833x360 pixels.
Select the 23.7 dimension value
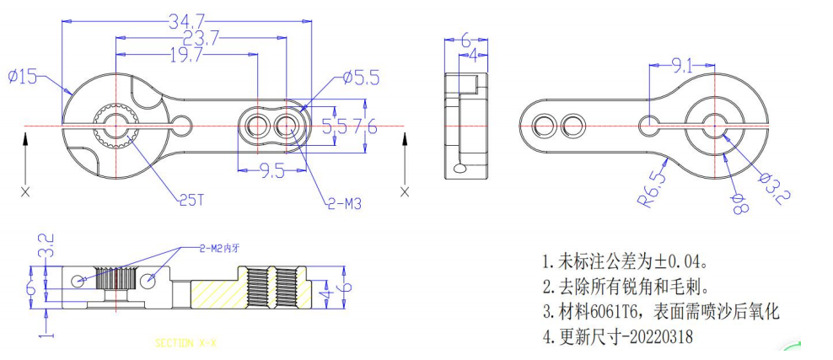pyautogui.click(x=202, y=38)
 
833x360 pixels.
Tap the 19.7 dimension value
pyautogui.click(x=185, y=56)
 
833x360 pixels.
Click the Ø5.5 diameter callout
pyautogui.click(x=361, y=78)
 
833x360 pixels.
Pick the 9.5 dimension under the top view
pyautogui.click(x=271, y=172)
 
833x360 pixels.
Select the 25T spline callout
pyautogui.click(x=191, y=201)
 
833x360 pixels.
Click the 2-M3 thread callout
pyautogui.click(x=345, y=203)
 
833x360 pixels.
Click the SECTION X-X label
pyautogui.click(x=185, y=343)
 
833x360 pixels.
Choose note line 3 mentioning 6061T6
pyautogui.click(x=660, y=312)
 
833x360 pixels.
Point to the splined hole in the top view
pyautogui.click(x=114, y=126)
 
